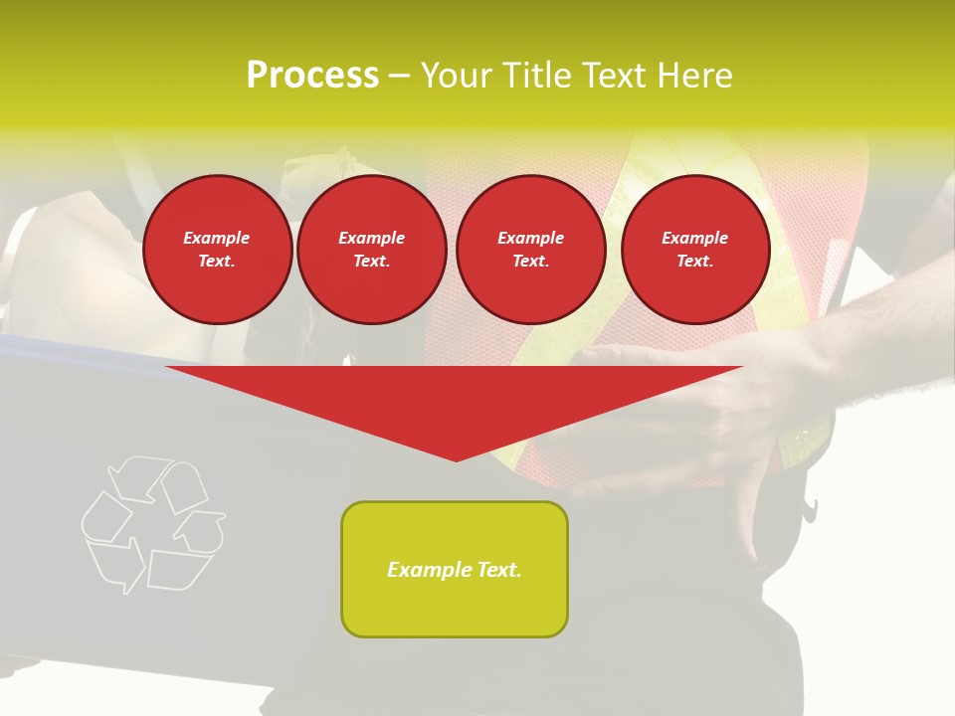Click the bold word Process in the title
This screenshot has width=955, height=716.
tap(312, 76)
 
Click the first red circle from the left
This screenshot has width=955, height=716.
tap(217, 250)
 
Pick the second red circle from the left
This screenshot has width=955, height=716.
tap(371, 250)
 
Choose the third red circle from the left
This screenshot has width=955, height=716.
tap(530, 250)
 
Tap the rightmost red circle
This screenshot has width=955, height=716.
tap(694, 250)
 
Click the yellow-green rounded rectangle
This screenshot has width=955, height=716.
tap(455, 569)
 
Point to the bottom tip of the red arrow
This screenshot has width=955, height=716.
tap(456, 459)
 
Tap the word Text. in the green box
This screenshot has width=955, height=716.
tap(497, 570)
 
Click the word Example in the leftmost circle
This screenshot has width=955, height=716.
tap(217, 238)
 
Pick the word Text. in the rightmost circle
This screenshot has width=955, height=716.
tap(694, 262)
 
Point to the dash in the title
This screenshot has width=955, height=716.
tap(400, 77)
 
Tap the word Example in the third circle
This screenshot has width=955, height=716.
tap(530, 238)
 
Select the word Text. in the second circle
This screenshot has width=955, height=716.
tap(371, 262)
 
